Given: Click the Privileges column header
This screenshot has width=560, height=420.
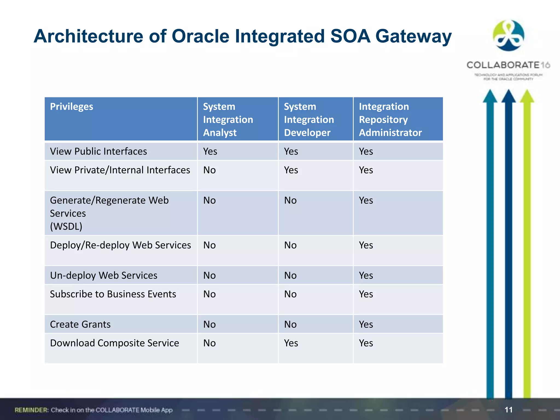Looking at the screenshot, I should click(72, 107).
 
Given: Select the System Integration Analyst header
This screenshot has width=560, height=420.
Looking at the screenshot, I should click(228, 119).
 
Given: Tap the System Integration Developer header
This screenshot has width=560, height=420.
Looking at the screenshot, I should click(309, 119).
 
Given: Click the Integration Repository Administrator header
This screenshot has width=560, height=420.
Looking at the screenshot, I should click(390, 119).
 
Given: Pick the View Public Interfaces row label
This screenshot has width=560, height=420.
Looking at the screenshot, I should click(98, 151).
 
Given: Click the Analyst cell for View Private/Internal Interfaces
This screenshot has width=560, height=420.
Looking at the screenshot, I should click(209, 170).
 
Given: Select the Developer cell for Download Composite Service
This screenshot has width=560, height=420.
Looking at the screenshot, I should click(291, 343).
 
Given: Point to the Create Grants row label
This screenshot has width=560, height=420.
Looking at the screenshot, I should click(80, 325).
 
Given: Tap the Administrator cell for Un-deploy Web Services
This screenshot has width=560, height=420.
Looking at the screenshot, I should click(366, 276).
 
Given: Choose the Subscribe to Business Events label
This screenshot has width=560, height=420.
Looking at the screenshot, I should click(113, 294).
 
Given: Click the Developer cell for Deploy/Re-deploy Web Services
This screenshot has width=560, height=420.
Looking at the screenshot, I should click(290, 245).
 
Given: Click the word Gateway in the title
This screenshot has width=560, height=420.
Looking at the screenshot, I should click(413, 36).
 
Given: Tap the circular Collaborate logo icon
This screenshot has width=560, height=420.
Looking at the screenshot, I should click(508, 36).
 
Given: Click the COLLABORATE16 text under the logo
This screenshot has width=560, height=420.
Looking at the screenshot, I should click(508, 65).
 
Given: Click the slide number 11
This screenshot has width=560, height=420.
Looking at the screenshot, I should click(508, 410).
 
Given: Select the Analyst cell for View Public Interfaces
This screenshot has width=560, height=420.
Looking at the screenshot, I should click(210, 151).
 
